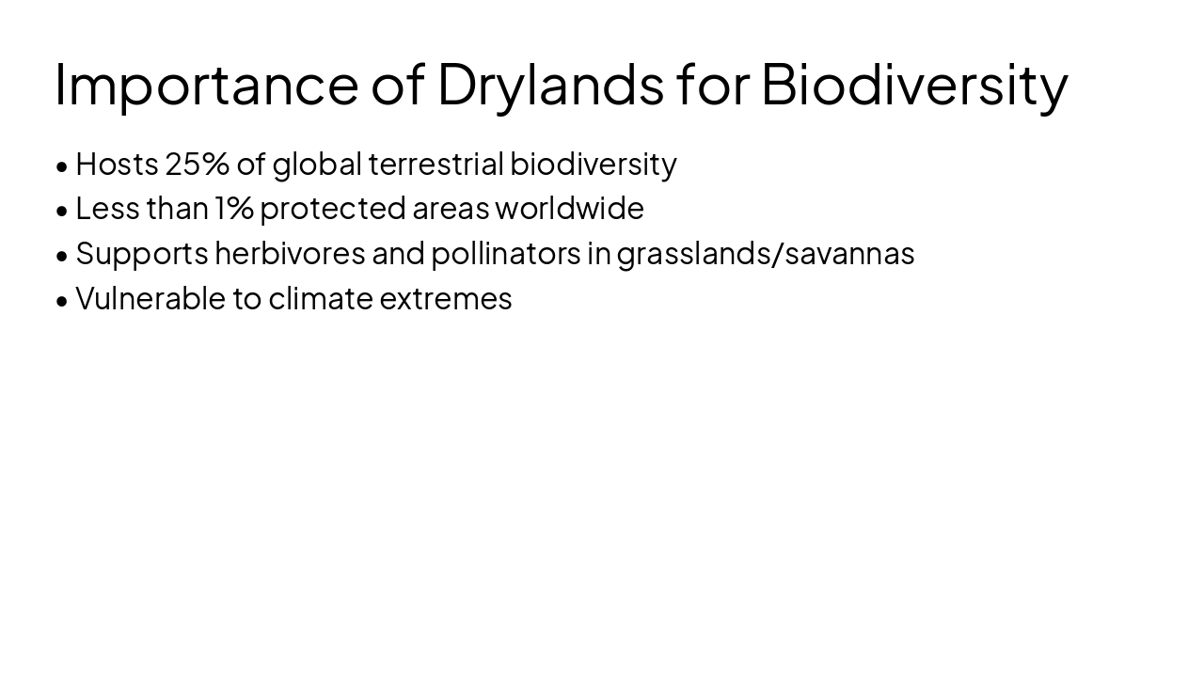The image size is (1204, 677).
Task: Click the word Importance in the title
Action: pyautogui.click(x=206, y=85)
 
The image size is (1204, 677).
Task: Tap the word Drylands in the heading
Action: pyautogui.click(x=550, y=85)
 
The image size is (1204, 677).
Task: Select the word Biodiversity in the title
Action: pyautogui.click(x=913, y=85)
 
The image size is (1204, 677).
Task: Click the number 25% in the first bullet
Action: pyautogui.click(x=197, y=164)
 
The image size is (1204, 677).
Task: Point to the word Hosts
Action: pyautogui.click(x=117, y=164)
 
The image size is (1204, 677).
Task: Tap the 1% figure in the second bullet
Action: pyautogui.click(x=234, y=208)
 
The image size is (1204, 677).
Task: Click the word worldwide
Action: pyautogui.click(x=569, y=208)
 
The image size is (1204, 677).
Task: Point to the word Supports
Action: pyautogui.click(x=141, y=254)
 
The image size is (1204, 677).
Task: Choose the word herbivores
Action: pyautogui.click(x=290, y=253)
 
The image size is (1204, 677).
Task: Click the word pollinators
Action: pyautogui.click(x=505, y=253)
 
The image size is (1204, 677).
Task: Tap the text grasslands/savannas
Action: pyautogui.click(x=766, y=254)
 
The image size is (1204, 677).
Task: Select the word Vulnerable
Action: pyautogui.click(x=150, y=298)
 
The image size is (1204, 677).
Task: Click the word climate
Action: pyautogui.click(x=321, y=298)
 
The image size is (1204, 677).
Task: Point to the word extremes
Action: pyautogui.click(x=445, y=298)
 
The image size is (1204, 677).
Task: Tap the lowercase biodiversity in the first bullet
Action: pyautogui.click(x=593, y=164)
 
